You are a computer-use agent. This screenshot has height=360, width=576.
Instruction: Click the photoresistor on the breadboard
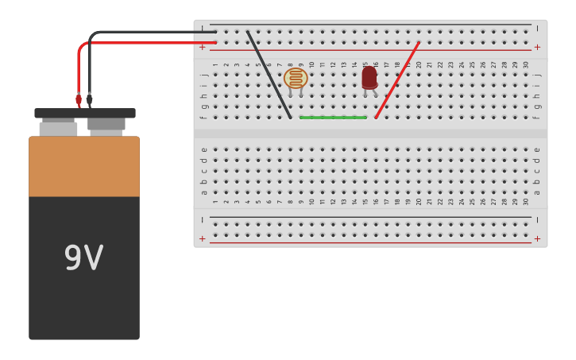click(x=296, y=78)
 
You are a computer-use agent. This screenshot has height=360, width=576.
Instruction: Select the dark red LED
click(x=369, y=77)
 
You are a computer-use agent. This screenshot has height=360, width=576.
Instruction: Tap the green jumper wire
click(x=333, y=118)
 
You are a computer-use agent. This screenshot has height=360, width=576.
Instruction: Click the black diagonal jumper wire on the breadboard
click(x=269, y=75)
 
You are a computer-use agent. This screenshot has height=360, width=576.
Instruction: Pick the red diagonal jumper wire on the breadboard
click(x=397, y=79)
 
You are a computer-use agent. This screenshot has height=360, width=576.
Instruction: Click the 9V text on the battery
click(x=83, y=258)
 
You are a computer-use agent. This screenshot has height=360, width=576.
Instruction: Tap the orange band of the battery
click(x=84, y=166)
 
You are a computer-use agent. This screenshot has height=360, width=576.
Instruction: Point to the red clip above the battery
click(x=79, y=99)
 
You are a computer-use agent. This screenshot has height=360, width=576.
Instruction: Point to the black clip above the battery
click(x=89, y=99)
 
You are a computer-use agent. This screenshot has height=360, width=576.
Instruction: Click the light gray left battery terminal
click(x=58, y=128)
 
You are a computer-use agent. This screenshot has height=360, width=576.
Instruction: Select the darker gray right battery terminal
click(x=106, y=125)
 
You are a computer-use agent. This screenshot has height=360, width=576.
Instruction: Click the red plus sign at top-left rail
click(x=202, y=48)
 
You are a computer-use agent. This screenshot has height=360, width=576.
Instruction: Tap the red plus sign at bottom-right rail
click(x=537, y=238)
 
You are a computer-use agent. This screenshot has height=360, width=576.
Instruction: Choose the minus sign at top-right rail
click(x=537, y=29)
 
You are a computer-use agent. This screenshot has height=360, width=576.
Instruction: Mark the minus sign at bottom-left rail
click(x=202, y=220)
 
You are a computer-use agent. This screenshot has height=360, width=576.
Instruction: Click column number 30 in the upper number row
click(x=526, y=64)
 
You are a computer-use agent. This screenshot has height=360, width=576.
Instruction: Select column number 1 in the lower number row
click(x=215, y=202)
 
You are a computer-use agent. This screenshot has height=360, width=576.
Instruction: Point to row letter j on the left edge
click(x=204, y=75)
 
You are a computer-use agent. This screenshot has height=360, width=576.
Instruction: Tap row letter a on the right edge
click(x=537, y=192)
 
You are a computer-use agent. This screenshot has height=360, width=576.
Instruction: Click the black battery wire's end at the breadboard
click(x=215, y=32)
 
